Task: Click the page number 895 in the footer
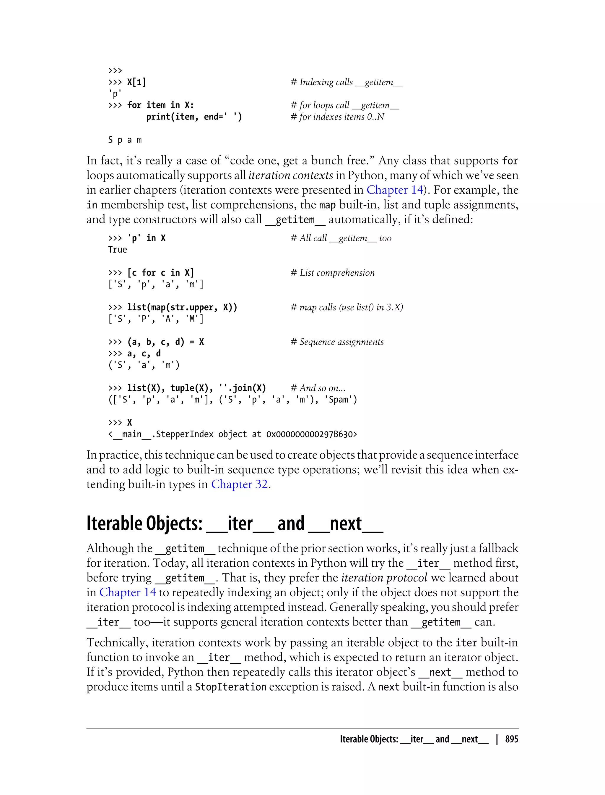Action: pyautogui.click(x=511, y=739)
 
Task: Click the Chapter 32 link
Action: pyautogui.click(x=240, y=484)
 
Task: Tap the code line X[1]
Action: pyautogui.click(x=136, y=82)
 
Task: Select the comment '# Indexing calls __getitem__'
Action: pyautogui.click(x=347, y=82)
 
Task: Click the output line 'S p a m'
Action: pyautogui.click(x=125, y=140)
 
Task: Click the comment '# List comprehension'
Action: pyautogui.click(x=332, y=273)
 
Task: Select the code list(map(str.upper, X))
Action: pyautogui.click(x=182, y=307)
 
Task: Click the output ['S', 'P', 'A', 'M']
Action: pyautogui.click(x=156, y=319)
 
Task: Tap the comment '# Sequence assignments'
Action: pyautogui.click(x=337, y=342)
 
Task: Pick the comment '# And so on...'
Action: pyautogui.click(x=318, y=388)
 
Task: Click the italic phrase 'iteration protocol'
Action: pyautogui.click(x=384, y=578)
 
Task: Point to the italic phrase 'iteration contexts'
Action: pyautogui.click(x=291, y=175)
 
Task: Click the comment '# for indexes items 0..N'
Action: pyautogui.click(x=337, y=117)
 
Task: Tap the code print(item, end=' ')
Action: pyautogui.click(x=194, y=117)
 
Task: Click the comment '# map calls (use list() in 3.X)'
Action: pyautogui.click(x=347, y=307)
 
